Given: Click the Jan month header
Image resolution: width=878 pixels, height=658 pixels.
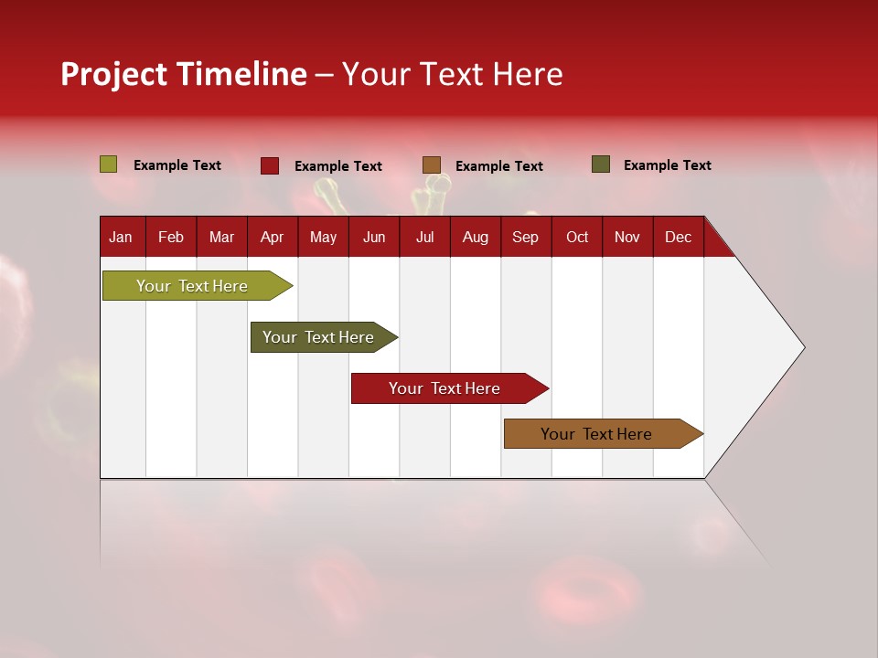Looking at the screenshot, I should point(121,237).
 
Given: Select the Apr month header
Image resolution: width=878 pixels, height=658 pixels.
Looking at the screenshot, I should point(272,237).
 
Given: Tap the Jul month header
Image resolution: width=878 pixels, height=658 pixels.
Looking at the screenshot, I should point(424,237).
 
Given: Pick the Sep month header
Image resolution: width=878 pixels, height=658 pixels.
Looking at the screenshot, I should point(525,237).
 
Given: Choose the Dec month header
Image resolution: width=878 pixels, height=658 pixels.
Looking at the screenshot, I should point(678,237).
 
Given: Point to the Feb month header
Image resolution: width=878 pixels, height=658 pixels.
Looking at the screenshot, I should point(171,237).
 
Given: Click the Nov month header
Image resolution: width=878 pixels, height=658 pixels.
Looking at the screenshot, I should point(626,237).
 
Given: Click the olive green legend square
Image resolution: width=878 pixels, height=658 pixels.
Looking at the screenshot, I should point(109,164).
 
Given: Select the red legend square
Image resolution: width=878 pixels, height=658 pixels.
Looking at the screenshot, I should point(270,165).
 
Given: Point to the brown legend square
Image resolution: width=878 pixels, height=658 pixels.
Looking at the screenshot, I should point(432,165).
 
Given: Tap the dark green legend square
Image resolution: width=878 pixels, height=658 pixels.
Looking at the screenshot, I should point(601,164).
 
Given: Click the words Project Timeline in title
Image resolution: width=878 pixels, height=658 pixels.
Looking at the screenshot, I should point(183,74).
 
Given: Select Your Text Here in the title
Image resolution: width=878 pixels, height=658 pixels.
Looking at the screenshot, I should point(452,74).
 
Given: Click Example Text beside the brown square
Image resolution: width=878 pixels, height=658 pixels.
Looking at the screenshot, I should point(499,166).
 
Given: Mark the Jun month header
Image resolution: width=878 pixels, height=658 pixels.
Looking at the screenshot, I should point(374,237).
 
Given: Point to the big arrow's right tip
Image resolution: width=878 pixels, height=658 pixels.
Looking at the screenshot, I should point(803,346).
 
